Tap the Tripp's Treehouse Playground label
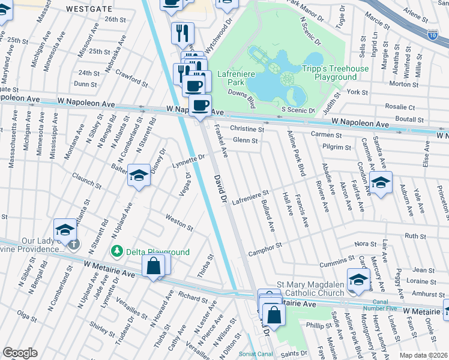335,73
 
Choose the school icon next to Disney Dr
139,175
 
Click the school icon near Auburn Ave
381,182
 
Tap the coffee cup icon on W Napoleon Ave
200,105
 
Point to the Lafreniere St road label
251,197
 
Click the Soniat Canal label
255,353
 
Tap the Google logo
20,353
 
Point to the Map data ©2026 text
423,355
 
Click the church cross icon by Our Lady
73,244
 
